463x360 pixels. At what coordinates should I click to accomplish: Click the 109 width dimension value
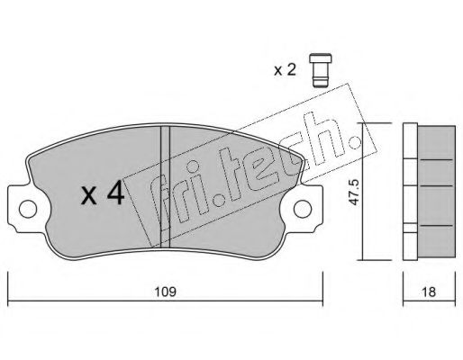(x=165, y=292)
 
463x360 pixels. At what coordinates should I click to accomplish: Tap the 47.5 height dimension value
(x=355, y=193)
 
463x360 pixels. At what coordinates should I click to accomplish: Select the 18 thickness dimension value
(x=429, y=292)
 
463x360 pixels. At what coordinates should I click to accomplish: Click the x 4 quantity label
(x=103, y=193)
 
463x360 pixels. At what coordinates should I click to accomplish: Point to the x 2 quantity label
(x=285, y=70)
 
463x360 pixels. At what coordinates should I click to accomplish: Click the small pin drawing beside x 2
(x=321, y=71)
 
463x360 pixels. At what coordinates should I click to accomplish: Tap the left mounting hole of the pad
(x=28, y=209)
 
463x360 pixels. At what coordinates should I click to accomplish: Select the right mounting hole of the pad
(x=303, y=209)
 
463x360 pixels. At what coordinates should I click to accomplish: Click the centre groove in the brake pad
(x=165, y=186)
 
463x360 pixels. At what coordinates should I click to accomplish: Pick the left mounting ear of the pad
(x=21, y=209)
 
